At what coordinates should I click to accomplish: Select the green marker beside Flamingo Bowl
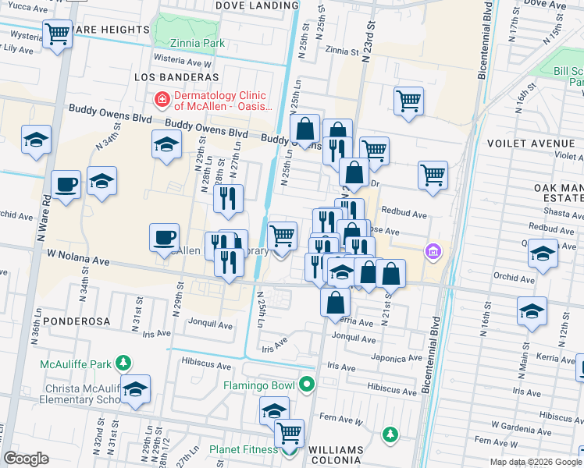tap(307, 385)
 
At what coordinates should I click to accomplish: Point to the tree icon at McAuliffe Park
tap(123, 362)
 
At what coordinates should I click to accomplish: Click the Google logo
tap(27, 459)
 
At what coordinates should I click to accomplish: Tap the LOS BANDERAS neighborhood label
tap(176, 77)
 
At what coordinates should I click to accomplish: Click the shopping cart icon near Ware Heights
tap(57, 34)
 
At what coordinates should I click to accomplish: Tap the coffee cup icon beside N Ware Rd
tap(66, 185)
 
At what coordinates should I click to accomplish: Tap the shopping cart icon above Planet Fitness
tap(289, 431)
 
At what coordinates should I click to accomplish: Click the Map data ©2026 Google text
tap(535, 462)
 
